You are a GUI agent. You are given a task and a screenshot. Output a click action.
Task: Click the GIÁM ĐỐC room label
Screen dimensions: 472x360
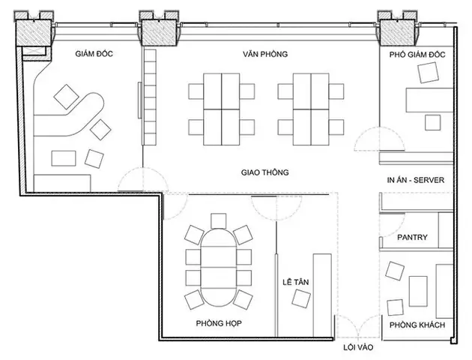pos(94,53)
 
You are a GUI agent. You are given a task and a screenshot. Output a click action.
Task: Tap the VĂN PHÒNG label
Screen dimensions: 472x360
pos(265,54)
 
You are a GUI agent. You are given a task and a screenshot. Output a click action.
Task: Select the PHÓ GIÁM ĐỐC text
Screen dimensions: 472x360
pos(417,55)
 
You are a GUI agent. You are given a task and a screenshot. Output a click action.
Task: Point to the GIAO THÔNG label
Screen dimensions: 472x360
pos(265,172)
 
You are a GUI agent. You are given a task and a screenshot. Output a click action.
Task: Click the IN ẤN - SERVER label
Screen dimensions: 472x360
pos(416,180)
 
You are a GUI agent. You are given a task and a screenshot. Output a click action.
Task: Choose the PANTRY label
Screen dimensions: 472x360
pos(412,237)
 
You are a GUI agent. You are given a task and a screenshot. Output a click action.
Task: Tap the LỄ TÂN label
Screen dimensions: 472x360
pos(296,282)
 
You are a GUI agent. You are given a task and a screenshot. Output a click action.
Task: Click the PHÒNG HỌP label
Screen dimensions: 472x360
pos(219,323)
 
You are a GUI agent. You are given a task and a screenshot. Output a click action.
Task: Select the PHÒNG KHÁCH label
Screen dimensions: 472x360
pos(417,325)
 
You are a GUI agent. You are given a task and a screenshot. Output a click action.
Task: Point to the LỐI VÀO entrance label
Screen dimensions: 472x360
pos(358,347)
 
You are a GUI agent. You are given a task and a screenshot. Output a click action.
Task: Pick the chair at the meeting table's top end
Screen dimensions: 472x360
pos(219,220)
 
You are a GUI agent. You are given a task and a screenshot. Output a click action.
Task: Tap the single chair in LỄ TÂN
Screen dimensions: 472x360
pos(301,298)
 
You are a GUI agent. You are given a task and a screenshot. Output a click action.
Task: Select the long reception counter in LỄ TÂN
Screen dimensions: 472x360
pos(322,295)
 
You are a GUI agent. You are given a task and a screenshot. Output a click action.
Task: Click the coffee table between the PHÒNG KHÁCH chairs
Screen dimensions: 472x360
pos(418,291)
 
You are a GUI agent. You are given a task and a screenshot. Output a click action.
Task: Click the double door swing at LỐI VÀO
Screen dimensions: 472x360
pos(358,326)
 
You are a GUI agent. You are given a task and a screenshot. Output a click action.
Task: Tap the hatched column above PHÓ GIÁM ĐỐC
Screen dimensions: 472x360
pos(397,32)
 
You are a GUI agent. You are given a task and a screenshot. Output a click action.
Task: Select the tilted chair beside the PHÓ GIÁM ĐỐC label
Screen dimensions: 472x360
pos(429,73)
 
